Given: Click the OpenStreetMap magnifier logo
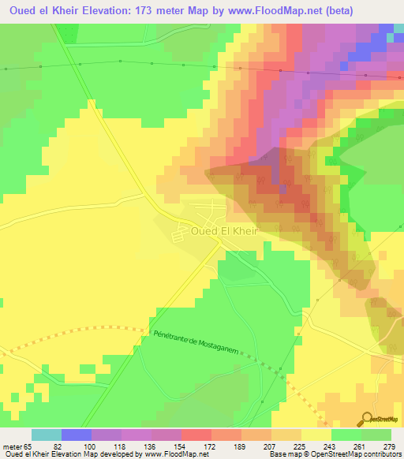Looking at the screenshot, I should click(368, 418).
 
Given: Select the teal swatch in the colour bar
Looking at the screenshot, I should click(46, 435).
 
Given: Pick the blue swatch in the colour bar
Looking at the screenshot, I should click(76, 435).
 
